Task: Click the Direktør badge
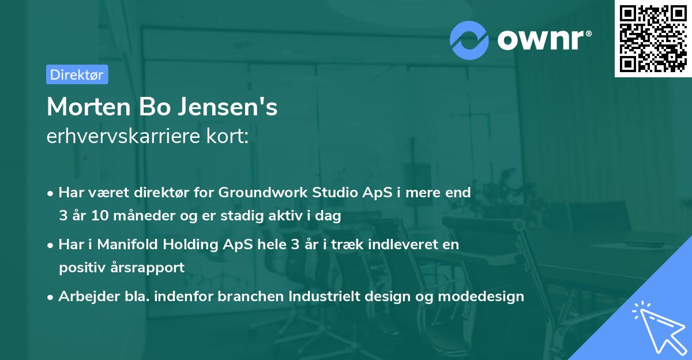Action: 77,74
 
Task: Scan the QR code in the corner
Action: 653,38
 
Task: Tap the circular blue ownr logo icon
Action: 469,40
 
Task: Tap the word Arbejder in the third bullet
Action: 85,297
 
